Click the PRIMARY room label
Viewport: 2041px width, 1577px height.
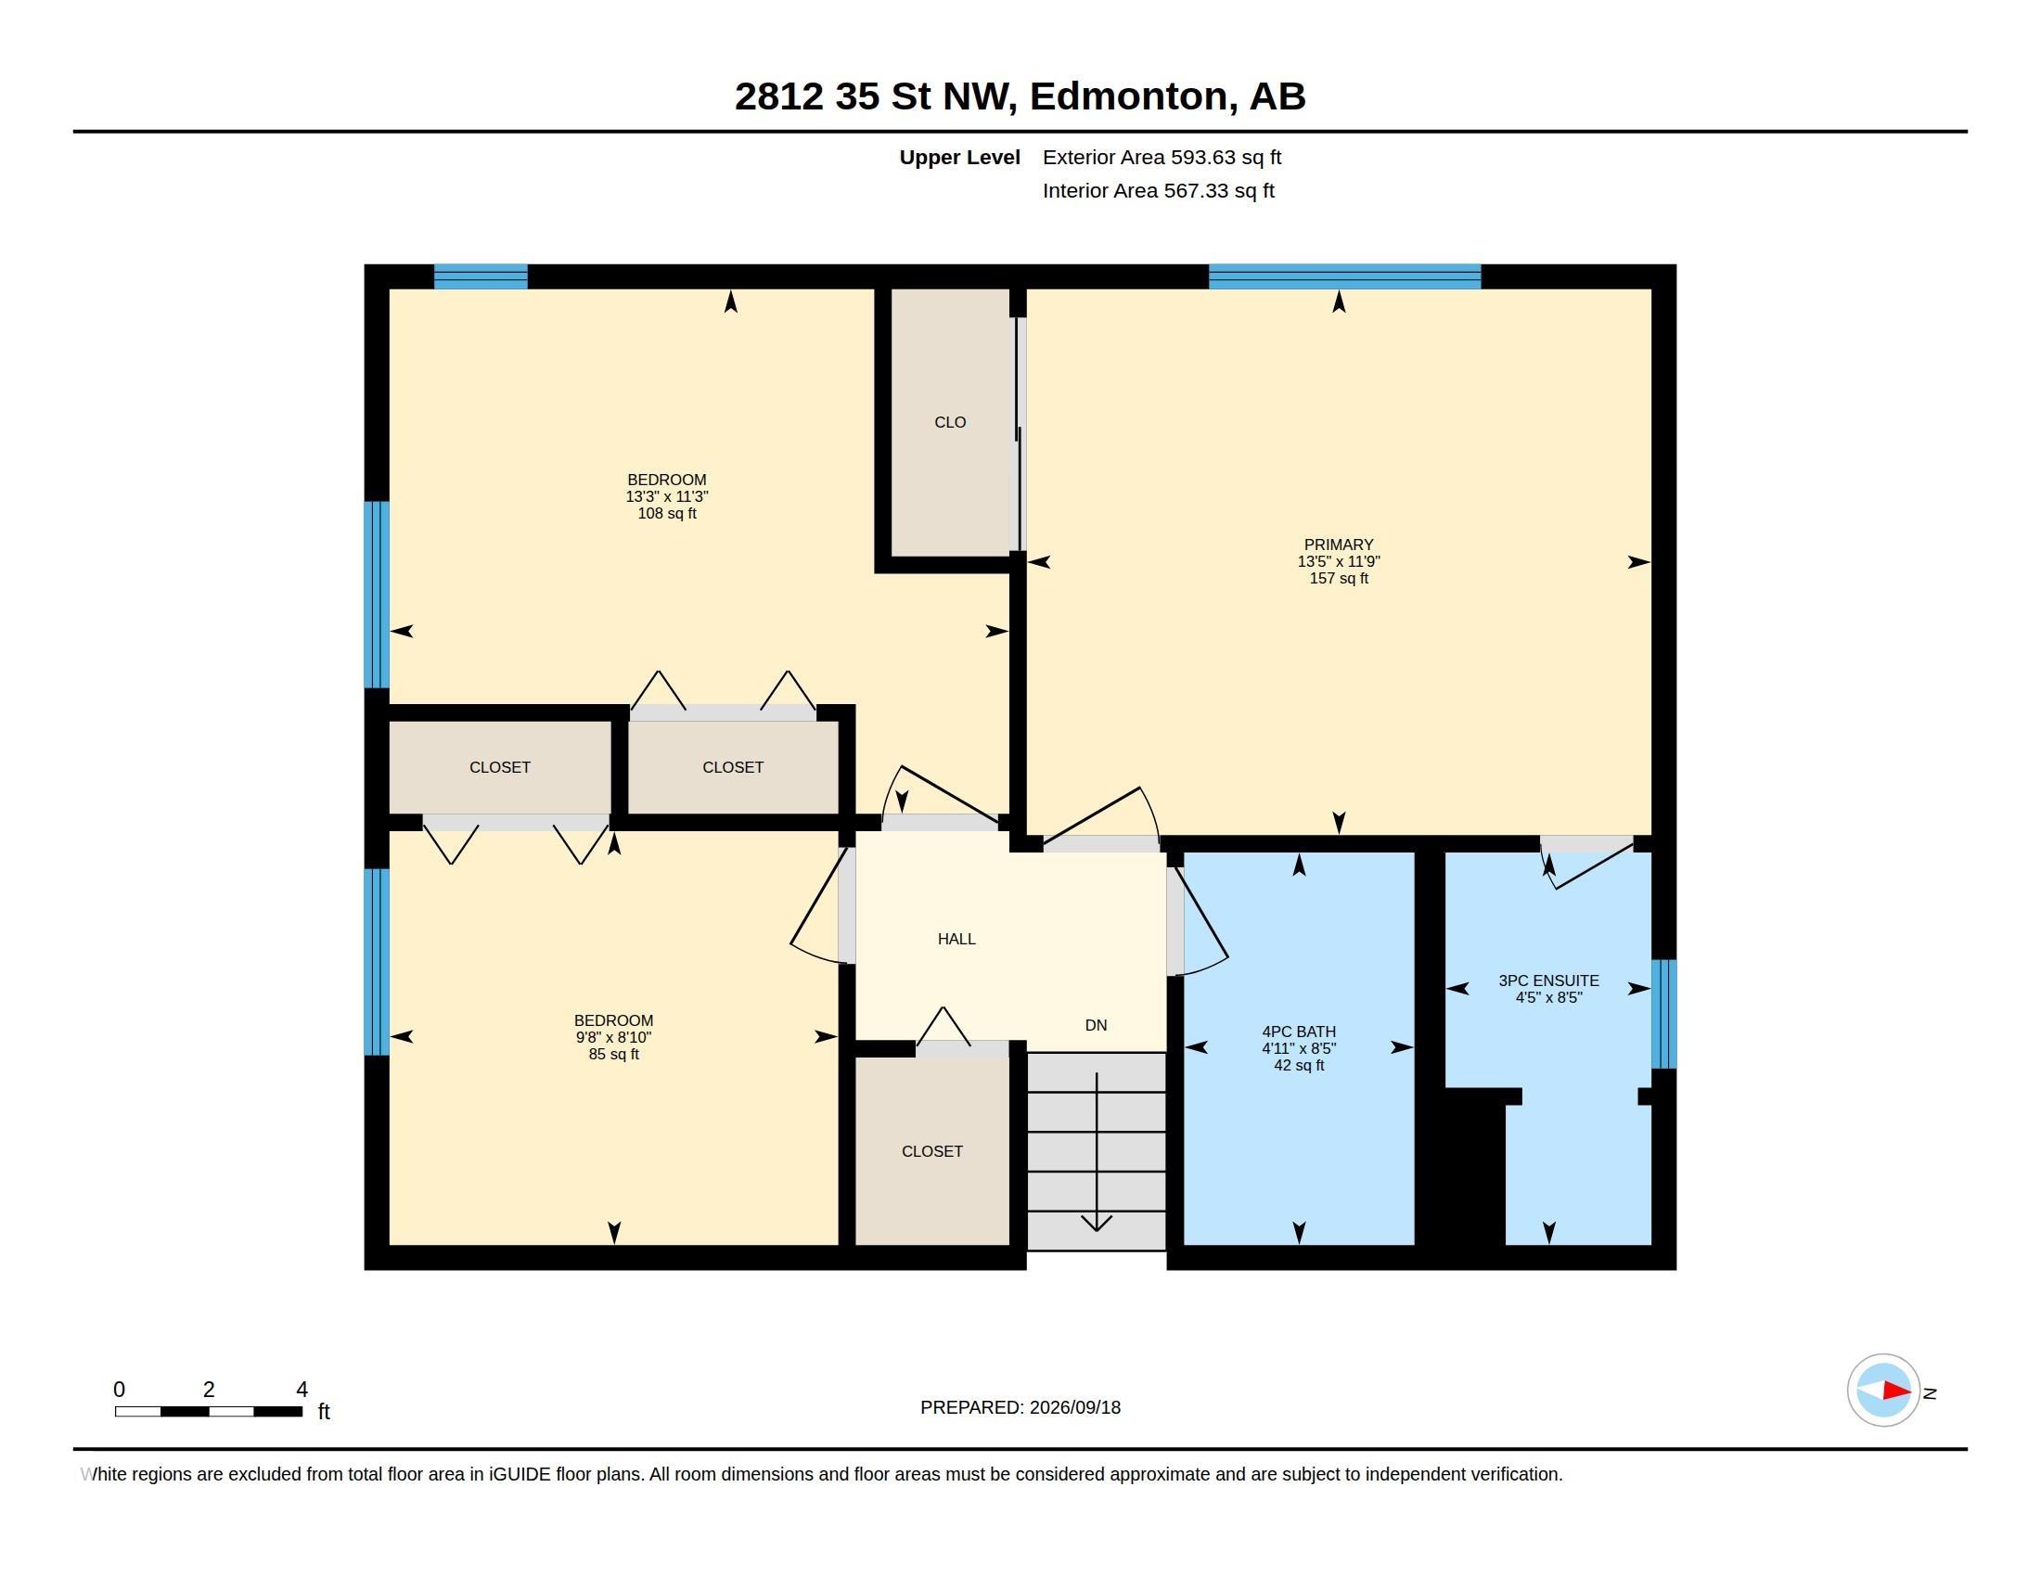pyautogui.click(x=1338, y=545)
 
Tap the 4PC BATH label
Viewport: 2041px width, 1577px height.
pyautogui.click(x=1298, y=1032)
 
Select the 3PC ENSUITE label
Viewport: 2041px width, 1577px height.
pyautogui.click(x=1548, y=980)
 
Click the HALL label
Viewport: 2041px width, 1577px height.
pyautogui.click(x=956, y=939)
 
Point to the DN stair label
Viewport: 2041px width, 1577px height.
pyautogui.click(x=1097, y=1025)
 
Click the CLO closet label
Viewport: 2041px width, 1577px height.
pyautogui.click(x=949, y=422)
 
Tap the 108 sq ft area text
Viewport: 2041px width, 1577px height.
pyautogui.click(x=666, y=513)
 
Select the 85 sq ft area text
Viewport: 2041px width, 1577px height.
pyautogui.click(x=613, y=1054)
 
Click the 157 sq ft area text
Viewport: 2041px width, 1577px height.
pyautogui.click(x=1338, y=578)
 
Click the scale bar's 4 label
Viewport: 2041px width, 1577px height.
pyautogui.click(x=302, y=1390)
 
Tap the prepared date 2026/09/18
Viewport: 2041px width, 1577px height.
pyautogui.click(x=1074, y=1407)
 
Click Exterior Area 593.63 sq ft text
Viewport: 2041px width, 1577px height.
pyautogui.click(x=1162, y=157)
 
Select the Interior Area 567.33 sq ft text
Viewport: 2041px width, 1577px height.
pyautogui.click(x=1158, y=190)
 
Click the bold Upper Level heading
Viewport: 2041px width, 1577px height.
pyautogui.click(x=959, y=157)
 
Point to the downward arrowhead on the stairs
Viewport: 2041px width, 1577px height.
pyautogui.click(x=1097, y=1223)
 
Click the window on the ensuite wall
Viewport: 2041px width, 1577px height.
pyautogui.click(x=1663, y=1014)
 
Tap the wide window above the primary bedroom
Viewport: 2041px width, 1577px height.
pyautogui.click(x=1344, y=276)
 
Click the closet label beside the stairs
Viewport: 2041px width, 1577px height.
pyautogui.click(x=931, y=1151)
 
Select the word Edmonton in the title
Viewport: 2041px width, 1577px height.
pyautogui.click(x=1129, y=96)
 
